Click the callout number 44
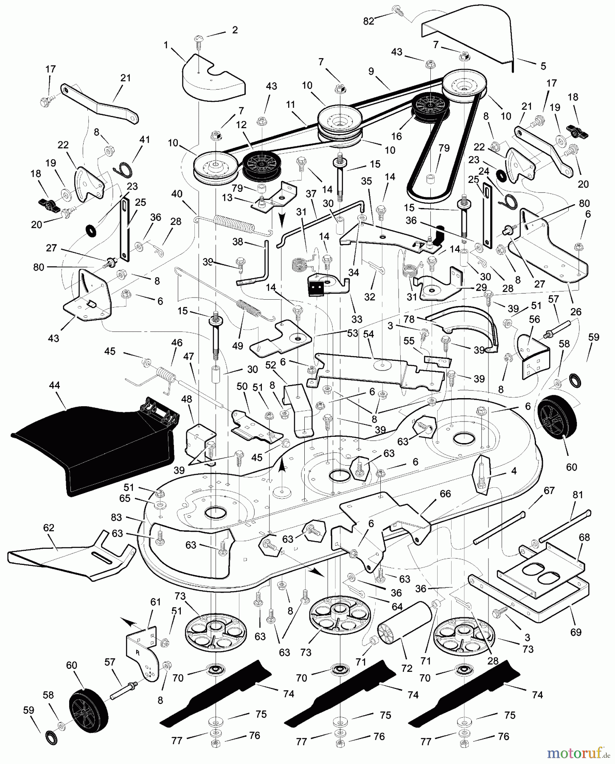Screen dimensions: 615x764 point(54,385)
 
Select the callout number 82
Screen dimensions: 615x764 point(368,21)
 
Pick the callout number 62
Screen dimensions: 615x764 point(49,528)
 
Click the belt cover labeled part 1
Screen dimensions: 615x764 point(213,79)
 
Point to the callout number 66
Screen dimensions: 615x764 point(445,494)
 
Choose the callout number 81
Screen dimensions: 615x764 point(578,495)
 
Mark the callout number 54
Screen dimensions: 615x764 point(368,334)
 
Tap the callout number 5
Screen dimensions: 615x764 point(543,66)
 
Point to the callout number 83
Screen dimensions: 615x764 point(116,517)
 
